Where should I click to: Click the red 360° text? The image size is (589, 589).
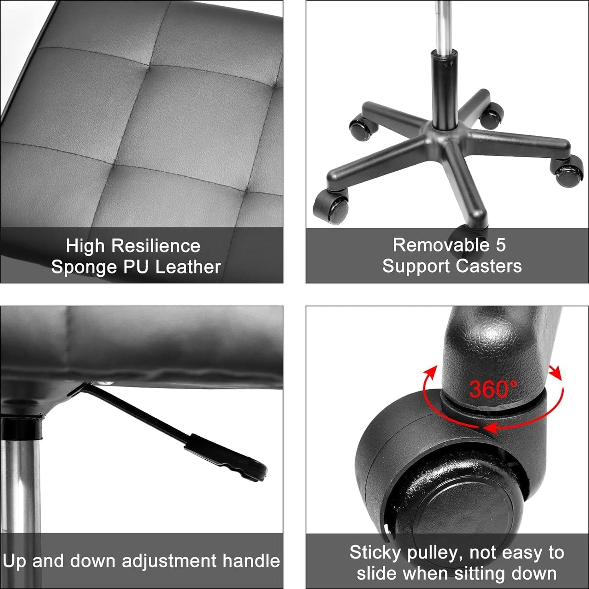[493, 389]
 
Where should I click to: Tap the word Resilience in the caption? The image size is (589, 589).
[156, 246]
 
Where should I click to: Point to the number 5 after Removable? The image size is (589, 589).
[501, 245]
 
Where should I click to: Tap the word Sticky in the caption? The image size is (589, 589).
[375, 553]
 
